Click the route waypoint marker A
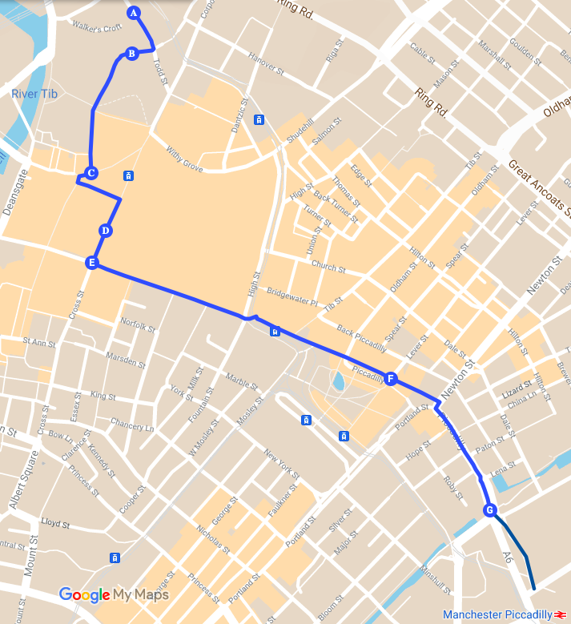[x=134, y=13]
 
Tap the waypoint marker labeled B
[x=131, y=54]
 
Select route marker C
[x=91, y=173]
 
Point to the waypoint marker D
[x=105, y=231]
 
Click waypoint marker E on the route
[x=92, y=263]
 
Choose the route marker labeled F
[x=391, y=379]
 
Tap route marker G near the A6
[x=490, y=510]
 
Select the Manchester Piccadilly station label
[x=497, y=614]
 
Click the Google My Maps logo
[x=114, y=594]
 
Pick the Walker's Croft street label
[x=96, y=27]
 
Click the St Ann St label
[x=38, y=342]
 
